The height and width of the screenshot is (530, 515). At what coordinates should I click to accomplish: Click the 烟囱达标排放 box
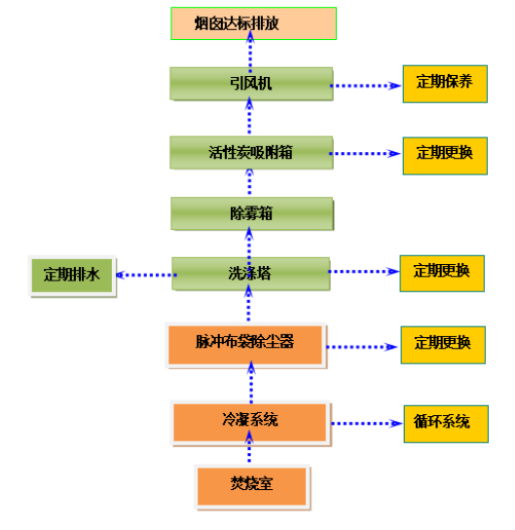(254, 23)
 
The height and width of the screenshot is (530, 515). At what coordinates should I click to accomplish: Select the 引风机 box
(251, 84)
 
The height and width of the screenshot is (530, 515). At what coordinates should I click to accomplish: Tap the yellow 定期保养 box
(445, 84)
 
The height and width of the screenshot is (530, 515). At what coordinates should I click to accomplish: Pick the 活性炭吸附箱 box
(251, 152)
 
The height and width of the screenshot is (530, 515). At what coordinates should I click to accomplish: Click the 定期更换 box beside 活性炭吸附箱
(445, 156)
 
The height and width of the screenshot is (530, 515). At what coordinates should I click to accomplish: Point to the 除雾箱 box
(252, 213)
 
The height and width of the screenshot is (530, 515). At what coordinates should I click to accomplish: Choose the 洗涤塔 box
(251, 274)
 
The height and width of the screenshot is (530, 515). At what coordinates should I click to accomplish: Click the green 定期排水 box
(72, 276)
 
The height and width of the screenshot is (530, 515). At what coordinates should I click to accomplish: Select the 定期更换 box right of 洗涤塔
(442, 274)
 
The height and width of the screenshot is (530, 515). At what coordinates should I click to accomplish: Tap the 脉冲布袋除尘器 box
(246, 345)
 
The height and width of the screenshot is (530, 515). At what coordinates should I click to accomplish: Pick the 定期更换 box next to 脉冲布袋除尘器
(443, 345)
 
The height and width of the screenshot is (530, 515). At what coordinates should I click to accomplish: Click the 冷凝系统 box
(251, 423)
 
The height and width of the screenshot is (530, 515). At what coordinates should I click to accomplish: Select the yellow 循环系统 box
(446, 424)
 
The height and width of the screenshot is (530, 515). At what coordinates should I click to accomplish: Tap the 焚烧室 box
(252, 487)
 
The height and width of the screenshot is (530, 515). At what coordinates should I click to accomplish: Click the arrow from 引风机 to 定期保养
(366, 86)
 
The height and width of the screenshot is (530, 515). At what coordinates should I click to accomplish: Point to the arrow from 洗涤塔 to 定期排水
(146, 275)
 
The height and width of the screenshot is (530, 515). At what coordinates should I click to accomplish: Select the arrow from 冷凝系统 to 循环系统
(367, 423)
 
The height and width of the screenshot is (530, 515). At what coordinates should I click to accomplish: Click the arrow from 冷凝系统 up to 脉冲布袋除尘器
(251, 382)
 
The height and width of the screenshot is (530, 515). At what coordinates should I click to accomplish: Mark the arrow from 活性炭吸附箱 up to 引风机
(249, 115)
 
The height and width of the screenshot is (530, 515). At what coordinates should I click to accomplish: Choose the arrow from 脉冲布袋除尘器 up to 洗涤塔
(248, 303)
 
